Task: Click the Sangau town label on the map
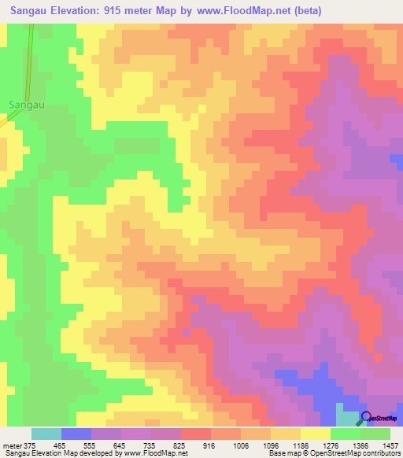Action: click(x=24, y=103)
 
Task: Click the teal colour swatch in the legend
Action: click(x=46, y=434)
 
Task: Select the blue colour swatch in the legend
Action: click(x=76, y=434)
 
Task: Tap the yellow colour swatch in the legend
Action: click(x=316, y=434)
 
